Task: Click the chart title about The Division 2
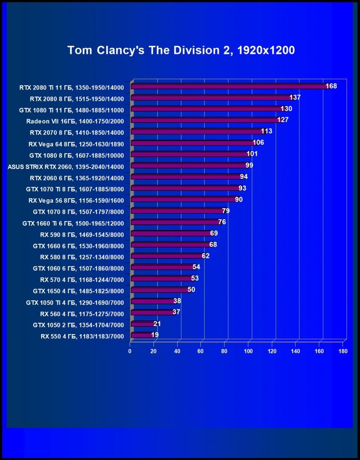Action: pyautogui.click(x=181, y=51)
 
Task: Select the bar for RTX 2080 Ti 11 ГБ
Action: pyautogui.click(x=227, y=87)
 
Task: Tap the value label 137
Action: pyautogui.click(x=295, y=97)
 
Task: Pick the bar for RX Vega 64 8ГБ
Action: pyautogui.click(x=191, y=143)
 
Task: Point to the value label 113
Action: pyautogui.click(x=267, y=132)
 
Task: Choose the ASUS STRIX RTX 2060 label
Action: pyautogui.click(x=66, y=167)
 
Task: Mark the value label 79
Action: pyautogui.click(x=226, y=211)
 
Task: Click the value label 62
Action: pyautogui.click(x=206, y=256)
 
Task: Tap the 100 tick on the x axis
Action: pyautogui.click(x=248, y=351)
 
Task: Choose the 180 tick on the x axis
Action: pyautogui.click(x=343, y=351)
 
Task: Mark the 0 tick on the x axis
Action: pyautogui.click(x=130, y=351)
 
